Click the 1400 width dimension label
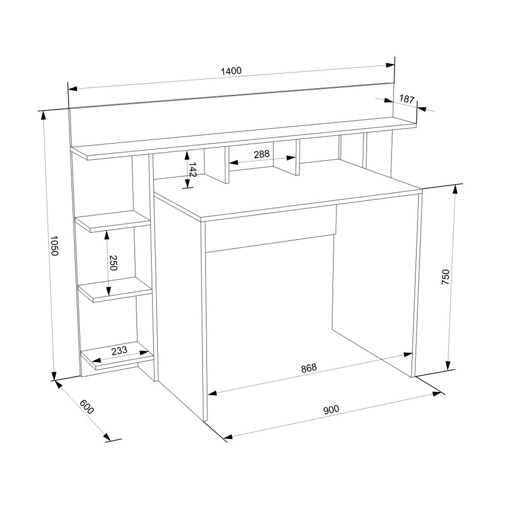pyautogui.click(x=231, y=70)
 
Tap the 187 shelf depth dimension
pyautogui.click(x=407, y=99)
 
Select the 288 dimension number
pyautogui.click(x=262, y=154)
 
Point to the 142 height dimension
pyautogui.click(x=192, y=170)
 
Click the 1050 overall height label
pyautogui.click(x=54, y=245)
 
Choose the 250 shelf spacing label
pyautogui.click(x=113, y=263)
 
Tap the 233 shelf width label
pyautogui.click(x=119, y=350)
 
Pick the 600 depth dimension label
pyautogui.click(x=87, y=407)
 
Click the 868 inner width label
pyautogui.click(x=309, y=368)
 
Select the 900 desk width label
pyautogui.click(x=331, y=410)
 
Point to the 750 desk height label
pyautogui.click(x=445, y=277)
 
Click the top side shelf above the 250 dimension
pyautogui.click(x=113, y=221)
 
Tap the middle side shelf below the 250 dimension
pyautogui.click(x=116, y=289)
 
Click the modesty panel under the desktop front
pyautogui.click(x=270, y=229)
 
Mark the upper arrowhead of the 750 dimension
pyautogui.click(x=455, y=190)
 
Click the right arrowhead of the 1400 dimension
pyautogui.click(x=390, y=65)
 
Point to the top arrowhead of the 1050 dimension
pyautogui.click(x=43, y=116)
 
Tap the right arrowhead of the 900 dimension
pyautogui.click(x=437, y=394)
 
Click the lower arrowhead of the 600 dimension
pyautogui.click(x=106, y=437)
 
